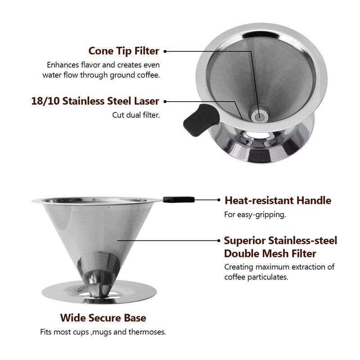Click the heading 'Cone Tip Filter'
124,51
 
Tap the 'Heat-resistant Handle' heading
278,200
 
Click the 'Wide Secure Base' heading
103,318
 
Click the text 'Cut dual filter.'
136,115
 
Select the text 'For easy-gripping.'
255,215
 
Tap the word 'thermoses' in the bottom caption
149,333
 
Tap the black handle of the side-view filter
178,199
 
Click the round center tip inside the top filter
259,117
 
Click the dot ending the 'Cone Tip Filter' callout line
165,51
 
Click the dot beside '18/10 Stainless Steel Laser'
165,102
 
